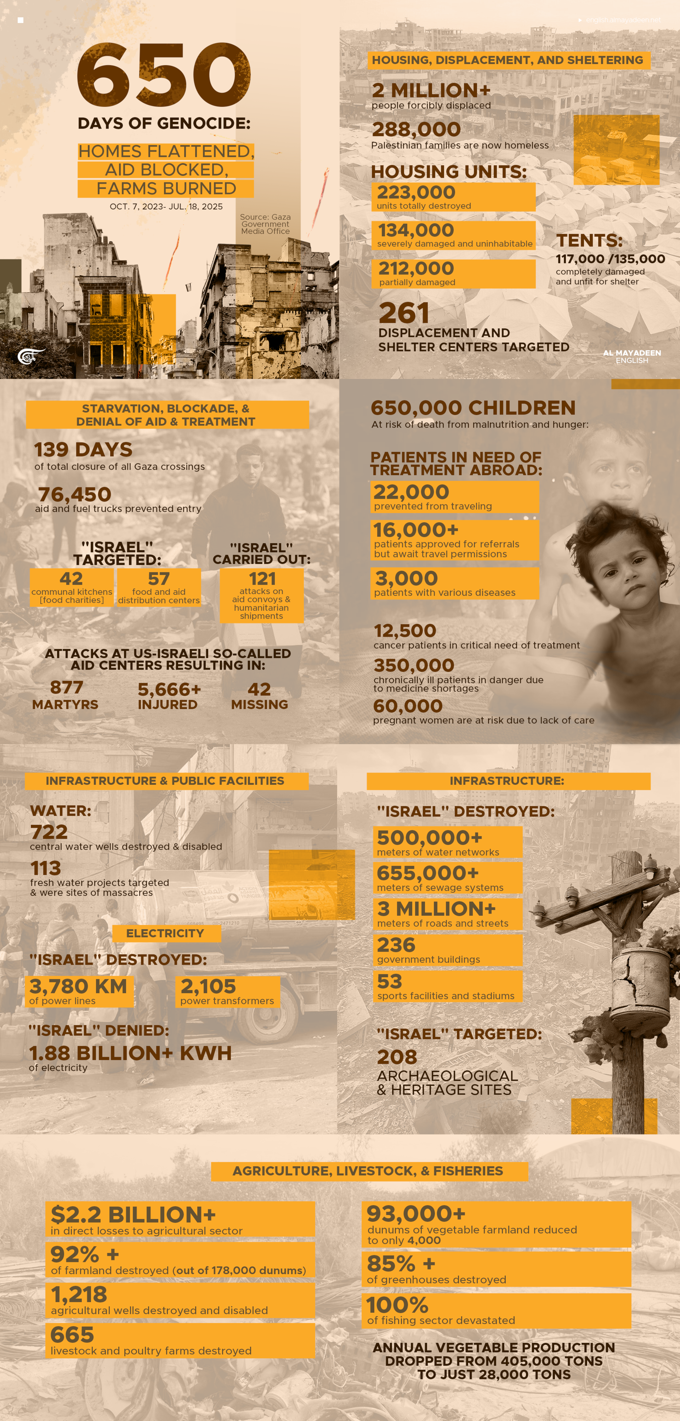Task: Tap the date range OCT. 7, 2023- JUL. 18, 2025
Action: [166, 206]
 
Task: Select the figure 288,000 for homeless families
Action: [416, 129]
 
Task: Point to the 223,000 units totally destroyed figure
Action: [416, 192]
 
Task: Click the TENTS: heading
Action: [589, 241]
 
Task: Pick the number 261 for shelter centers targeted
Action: [404, 313]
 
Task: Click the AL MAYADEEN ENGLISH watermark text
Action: [632, 356]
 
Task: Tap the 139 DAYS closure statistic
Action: [83, 450]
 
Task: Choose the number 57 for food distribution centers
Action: [159, 579]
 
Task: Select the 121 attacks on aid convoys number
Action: [262, 579]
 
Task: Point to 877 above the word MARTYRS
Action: [67, 688]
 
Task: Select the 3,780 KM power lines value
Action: [78, 986]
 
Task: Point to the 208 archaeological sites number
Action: [397, 1057]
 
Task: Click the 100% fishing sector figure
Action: [397, 1305]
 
